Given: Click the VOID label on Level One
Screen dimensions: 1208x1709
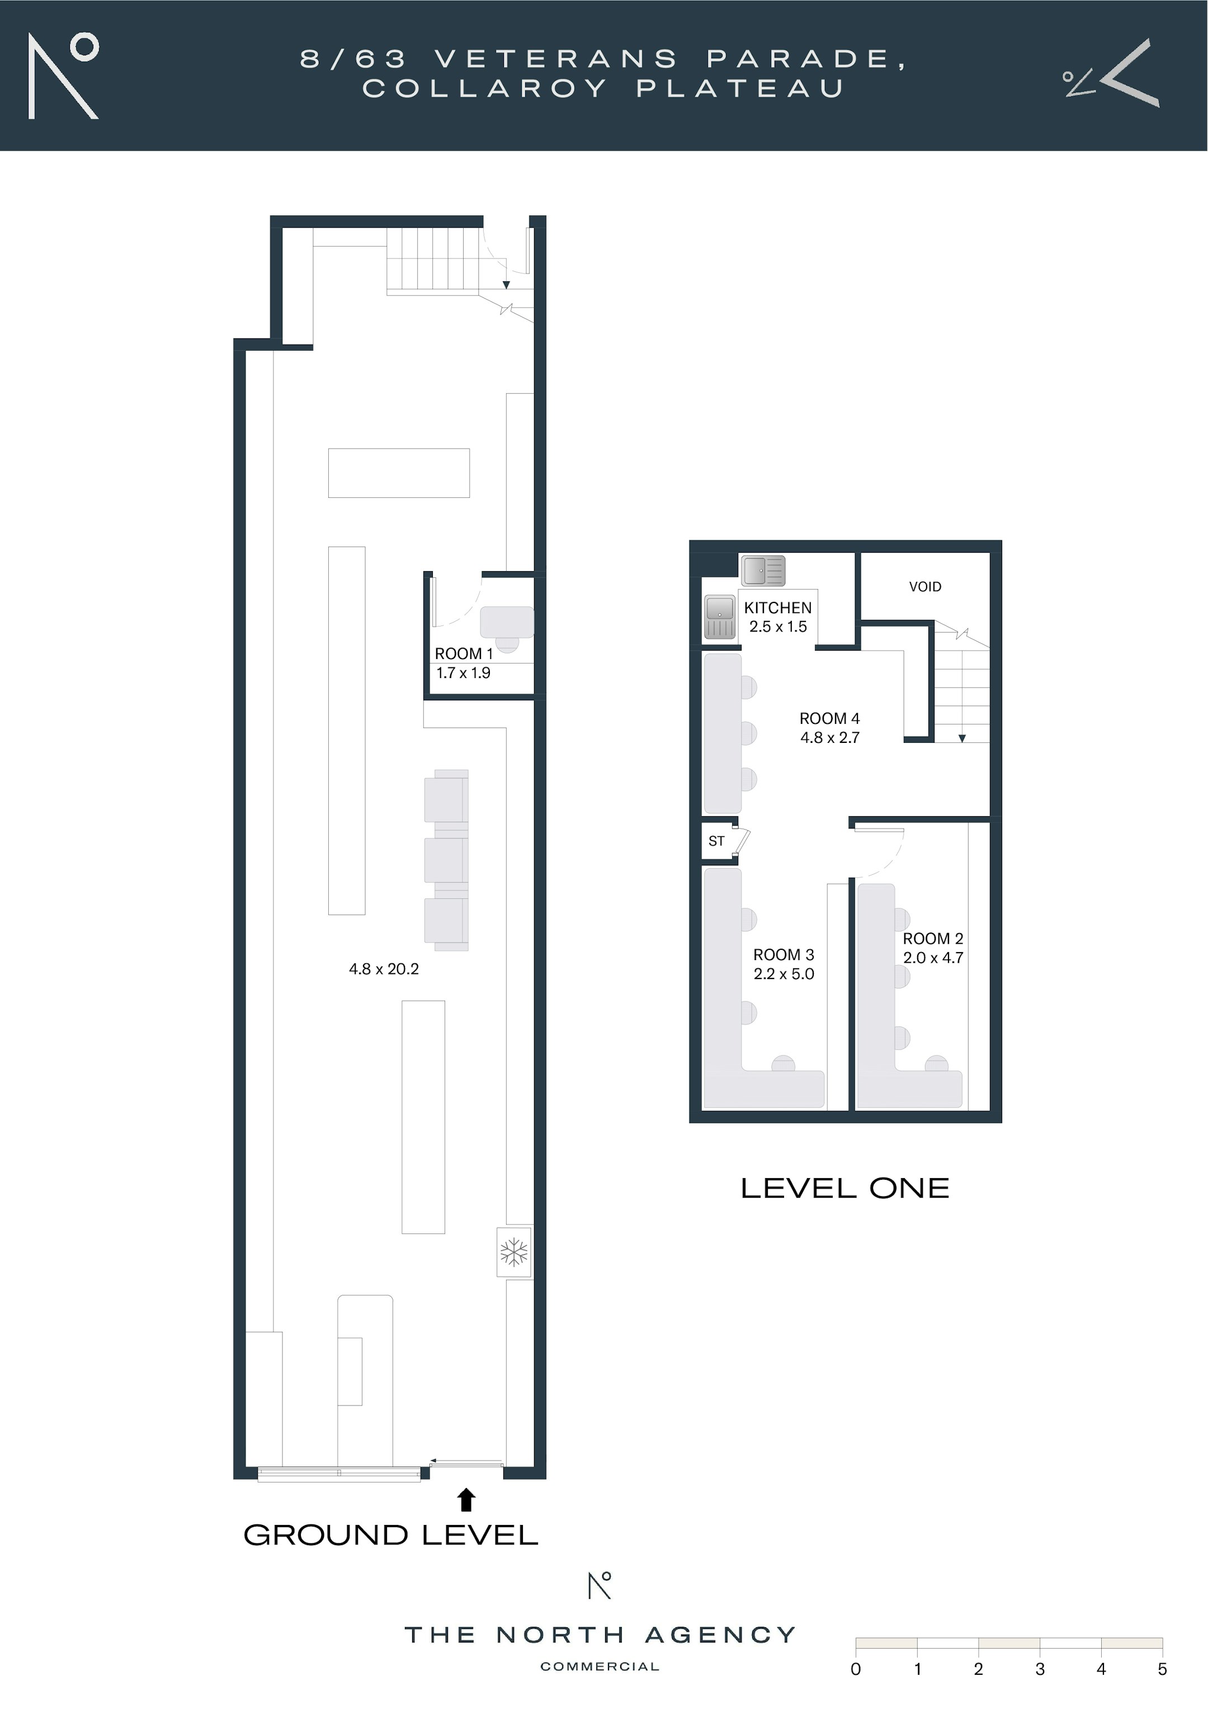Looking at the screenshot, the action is pyautogui.click(x=925, y=586).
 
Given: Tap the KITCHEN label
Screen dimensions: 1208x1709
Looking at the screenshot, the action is pyautogui.click(x=778, y=608).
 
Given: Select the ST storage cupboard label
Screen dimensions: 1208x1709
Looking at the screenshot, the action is pyautogui.click(x=716, y=841).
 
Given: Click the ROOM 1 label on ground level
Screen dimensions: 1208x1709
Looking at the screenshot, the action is pyautogui.click(x=464, y=653).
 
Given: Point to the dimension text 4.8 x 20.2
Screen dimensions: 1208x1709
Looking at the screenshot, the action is pyautogui.click(x=384, y=968).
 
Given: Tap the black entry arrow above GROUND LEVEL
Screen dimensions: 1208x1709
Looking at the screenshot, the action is pyautogui.click(x=466, y=1499).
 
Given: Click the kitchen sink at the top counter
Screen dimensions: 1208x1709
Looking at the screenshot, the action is pyautogui.click(x=763, y=571).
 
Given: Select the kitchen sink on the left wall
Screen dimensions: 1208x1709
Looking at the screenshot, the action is pyautogui.click(x=720, y=617).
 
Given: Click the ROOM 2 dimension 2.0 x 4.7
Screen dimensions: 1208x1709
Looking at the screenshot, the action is pyautogui.click(x=933, y=958).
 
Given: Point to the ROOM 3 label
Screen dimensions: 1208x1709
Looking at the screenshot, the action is pyautogui.click(x=784, y=954).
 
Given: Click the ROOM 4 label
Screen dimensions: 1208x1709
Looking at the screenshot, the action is pyautogui.click(x=829, y=718).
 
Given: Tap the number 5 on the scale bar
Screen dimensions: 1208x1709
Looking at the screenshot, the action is pyautogui.click(x=1162, y=1669).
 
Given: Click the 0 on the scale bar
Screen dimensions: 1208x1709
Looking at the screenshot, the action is pyautogui.click(x=856, y=1669).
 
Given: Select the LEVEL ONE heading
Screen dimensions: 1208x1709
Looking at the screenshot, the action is pyautogui.click(x=846, y=1188).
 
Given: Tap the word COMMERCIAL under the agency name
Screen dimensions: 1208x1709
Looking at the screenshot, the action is pyautogui.click(x=600, y=1666).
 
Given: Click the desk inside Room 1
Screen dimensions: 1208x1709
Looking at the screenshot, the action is pyautogui.click(x=507, y=622).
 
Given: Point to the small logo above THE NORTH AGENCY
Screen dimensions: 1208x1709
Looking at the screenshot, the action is pyautogui.click(x=600, y=1585).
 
